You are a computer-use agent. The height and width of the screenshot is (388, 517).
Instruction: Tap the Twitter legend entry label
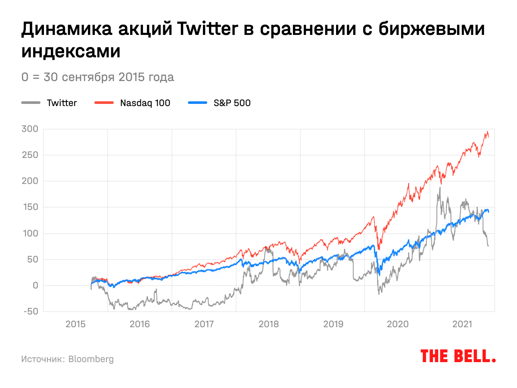tap(62, 103)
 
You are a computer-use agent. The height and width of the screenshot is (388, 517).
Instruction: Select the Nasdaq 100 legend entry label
tap(145, 103)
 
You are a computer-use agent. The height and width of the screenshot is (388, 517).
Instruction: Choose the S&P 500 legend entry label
tap(232, 103)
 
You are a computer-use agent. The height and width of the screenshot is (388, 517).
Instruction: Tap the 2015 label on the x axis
tap(75, 323)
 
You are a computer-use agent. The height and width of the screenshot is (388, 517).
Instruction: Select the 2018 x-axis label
tap(268, 323)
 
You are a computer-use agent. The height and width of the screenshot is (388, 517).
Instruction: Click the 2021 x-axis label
tap(462, 323)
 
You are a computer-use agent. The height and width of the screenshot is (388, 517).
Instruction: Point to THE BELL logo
tap(458, 356)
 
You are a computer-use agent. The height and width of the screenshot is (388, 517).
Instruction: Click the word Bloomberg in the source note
tap(91, 359)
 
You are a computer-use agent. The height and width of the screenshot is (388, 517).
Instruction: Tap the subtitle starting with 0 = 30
tap(98, 77)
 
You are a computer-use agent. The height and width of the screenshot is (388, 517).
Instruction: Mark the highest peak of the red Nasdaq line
tap(487, 131)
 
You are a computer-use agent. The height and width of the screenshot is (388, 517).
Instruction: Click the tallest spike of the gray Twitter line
tap(440, 187)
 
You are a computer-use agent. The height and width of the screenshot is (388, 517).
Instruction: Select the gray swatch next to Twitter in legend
tap(31, 103)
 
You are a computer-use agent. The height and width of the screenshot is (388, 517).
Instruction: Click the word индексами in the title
tap(71, 51)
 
